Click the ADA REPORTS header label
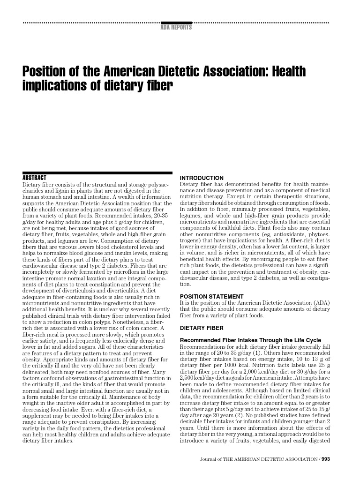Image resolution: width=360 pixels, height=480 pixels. (176, 28)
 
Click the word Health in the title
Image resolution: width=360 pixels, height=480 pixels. (287, 72)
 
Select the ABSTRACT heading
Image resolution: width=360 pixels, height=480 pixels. (35, 178)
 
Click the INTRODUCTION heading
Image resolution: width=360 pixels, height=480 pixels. (202, 178)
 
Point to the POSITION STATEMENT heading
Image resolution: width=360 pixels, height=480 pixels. (212, 297)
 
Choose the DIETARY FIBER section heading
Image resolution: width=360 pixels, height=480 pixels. (202, 328)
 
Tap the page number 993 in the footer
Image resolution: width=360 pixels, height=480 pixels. (326, 459)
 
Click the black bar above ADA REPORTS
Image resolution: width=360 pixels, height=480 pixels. (176, 22)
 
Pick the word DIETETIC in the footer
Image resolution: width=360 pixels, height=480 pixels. (265, 459)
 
